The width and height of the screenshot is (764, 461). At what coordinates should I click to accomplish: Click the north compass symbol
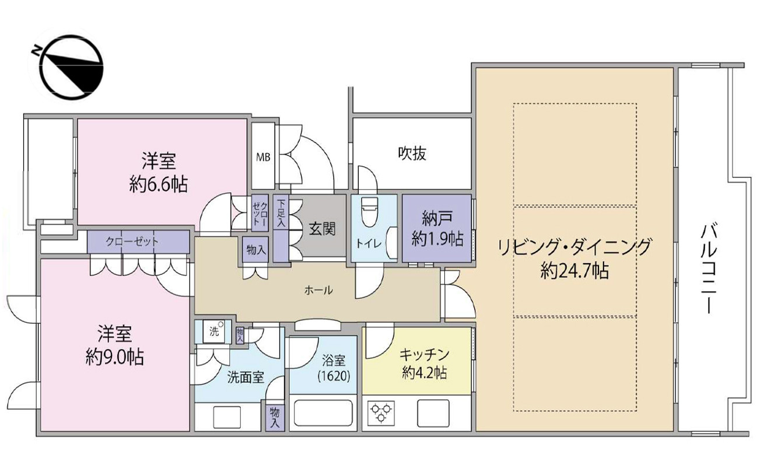point(65,68)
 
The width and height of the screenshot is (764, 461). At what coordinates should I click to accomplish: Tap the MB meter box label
point(263,156)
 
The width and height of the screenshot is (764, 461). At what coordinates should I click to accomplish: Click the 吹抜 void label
point(412,153)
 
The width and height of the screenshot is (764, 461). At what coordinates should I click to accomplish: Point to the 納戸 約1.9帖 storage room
point(437,229)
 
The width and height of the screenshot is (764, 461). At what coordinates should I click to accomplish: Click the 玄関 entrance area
point(321,229)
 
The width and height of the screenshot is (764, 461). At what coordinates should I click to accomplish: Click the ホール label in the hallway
point(318,290)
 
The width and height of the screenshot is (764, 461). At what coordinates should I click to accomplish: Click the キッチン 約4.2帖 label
point(424,363)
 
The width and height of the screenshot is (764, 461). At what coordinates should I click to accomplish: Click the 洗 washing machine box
point(213,333)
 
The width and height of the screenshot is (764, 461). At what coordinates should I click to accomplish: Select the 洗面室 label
point(246,377)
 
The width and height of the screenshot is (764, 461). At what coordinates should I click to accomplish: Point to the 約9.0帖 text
point(114,356)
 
